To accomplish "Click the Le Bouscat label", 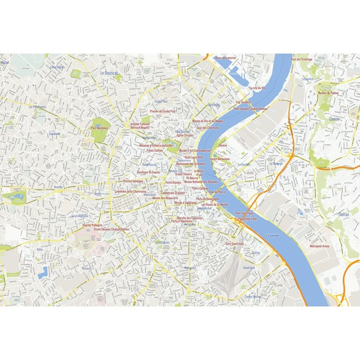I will click(109, 72).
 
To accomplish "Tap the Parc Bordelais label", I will click(100, 127).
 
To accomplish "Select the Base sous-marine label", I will click(225, 58).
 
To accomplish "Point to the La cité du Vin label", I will click(257, 88).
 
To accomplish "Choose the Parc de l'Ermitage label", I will click(301, 59).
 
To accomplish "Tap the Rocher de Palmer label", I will click(328, 93).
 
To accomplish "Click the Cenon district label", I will click(334, 119).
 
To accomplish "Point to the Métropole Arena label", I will click(319, 246).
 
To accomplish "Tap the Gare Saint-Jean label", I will click(234, 243).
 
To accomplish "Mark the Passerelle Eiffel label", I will click(247, 219).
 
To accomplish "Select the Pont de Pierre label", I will click(217, 192).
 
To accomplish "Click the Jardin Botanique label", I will click(220, 159).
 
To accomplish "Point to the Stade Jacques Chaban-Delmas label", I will click(111, 229).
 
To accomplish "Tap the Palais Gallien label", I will click(155, 150).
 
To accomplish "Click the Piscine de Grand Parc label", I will click(163, 111).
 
